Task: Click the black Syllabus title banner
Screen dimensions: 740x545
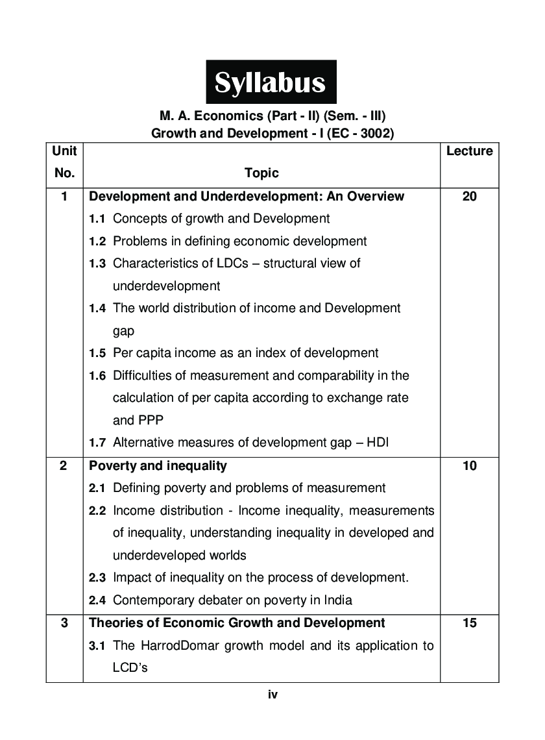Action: (271, 82)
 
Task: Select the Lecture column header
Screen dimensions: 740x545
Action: (469, 151)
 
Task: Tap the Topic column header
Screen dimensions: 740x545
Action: (261, 173)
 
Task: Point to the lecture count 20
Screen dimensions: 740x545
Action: (469, 196)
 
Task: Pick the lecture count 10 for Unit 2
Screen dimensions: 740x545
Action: (469, 465)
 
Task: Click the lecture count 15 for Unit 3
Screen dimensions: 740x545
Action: (469, 623)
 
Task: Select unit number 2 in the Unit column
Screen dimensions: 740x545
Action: (64, 465)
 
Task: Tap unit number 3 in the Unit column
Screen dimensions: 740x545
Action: (64, 623)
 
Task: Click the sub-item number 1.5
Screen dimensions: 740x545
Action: (97, 354)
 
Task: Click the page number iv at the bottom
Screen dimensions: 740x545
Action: (272, 695)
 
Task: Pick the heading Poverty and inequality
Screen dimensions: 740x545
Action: (158, 465)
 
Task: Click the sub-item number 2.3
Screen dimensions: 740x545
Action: (97, 578)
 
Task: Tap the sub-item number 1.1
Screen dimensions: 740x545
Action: (97, 219)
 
